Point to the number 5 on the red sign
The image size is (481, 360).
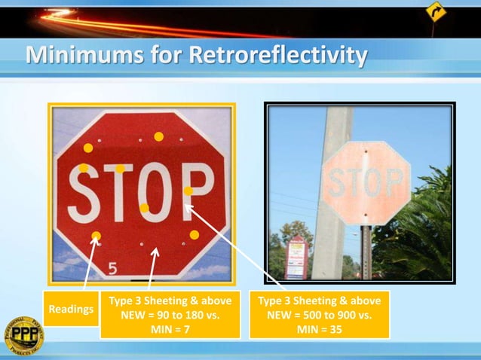(x=112, y=267)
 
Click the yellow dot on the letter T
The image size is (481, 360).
(x=120, y=169)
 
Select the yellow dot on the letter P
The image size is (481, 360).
(x=188, y=191)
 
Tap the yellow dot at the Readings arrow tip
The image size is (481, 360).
(x=96, y=236)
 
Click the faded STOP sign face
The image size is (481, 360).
(x=364, y=181)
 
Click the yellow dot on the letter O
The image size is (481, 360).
(x=144, y=208)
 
